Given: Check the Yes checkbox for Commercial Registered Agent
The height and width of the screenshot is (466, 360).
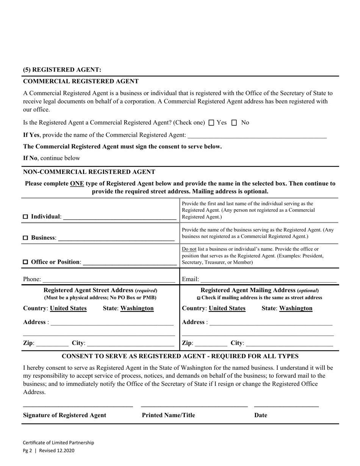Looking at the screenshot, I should [211, 123].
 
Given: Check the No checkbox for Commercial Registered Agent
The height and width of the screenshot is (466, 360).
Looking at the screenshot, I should [234, 123].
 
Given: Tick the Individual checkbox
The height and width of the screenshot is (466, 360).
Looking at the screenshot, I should [26, 217].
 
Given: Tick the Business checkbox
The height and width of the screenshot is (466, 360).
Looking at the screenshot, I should [26, 238].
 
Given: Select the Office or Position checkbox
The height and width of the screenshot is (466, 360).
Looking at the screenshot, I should [26, 262].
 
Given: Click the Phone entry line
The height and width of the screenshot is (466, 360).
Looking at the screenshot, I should [109, 280].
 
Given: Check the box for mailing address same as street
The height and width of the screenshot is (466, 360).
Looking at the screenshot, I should [199, 298].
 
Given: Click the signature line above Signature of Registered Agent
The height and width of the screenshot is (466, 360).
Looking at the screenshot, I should [78, 406].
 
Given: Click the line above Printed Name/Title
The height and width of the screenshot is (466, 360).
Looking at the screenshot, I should [194, 406].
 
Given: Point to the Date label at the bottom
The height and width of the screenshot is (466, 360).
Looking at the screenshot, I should [261, 415].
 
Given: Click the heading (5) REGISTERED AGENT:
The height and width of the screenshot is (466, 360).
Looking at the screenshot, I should [62, 70].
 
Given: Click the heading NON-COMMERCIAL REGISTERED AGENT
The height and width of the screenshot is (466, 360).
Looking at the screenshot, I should [89, 172].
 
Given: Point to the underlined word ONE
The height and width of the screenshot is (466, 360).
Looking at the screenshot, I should [77, 184].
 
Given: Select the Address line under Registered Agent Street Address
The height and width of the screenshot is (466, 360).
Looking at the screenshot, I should [112, 322].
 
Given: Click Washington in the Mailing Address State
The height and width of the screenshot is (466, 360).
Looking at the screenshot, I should [296, 308].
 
